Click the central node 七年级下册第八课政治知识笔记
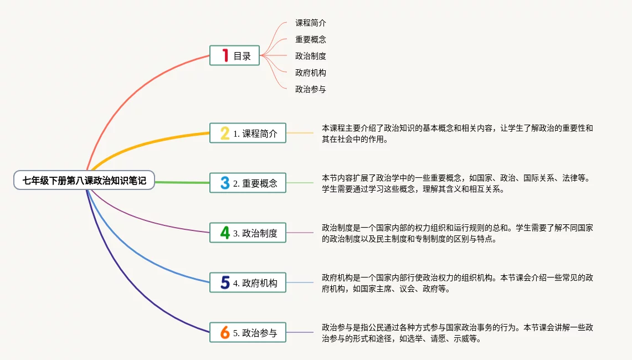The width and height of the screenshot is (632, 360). tap(84, 180)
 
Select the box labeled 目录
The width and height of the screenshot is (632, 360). tap(235, 55)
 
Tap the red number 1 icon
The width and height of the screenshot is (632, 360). tap(225, 55)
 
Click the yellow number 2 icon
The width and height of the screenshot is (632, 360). tap(225, 133)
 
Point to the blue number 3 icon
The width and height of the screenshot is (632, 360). tap(225, 183)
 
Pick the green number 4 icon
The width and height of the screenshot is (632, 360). tap(225, 233)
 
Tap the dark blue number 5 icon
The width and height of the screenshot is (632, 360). tap(225, 282)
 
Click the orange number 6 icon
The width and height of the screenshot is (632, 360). tap(225, 333)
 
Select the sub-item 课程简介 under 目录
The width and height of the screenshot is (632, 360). tap(310, 23)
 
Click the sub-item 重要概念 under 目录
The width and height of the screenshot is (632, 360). tap(310, 39)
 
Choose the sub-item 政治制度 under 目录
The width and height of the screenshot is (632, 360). tap(310, 56)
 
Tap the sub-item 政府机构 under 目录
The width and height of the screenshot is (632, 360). tap(310, 73)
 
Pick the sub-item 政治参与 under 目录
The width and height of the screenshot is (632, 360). tap(310, 89)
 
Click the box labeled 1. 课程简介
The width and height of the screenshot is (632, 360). tap(248, 133)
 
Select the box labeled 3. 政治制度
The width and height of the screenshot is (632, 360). tap(248, 233)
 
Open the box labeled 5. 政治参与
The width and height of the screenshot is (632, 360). tap(248, 333)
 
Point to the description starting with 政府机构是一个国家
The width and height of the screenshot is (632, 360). tap(458, 283)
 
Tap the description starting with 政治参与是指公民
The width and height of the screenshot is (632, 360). tap(458, 333)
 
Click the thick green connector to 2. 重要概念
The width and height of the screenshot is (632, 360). tap(182, 182)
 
